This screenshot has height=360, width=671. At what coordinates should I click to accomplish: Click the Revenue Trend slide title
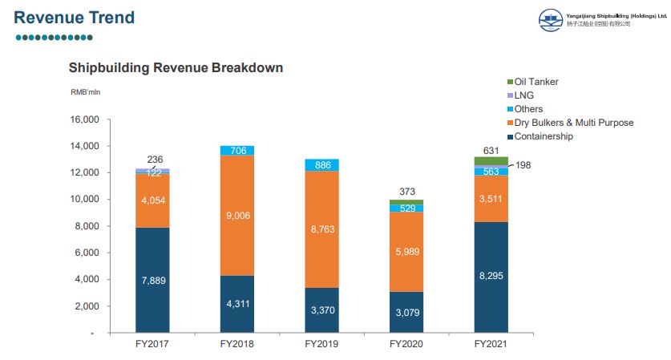[75, 18]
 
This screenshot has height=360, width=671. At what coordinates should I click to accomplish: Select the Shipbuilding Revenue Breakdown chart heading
[176, 67]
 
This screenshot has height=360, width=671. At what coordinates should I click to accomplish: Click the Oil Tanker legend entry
[536, 82]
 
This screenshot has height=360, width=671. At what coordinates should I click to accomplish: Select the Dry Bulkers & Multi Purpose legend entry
[573, 123]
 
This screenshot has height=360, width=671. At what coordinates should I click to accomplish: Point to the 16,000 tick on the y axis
[84, 119]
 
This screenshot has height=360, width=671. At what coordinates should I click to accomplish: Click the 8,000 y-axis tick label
[87, 226]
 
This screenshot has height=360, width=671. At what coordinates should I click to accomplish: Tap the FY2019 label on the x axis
[321, 345]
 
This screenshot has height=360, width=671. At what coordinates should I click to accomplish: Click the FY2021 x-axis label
[491, 345]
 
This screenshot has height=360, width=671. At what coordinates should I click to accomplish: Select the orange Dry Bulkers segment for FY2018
[237, 215]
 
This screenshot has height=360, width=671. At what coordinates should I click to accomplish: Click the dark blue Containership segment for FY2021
[491, 277]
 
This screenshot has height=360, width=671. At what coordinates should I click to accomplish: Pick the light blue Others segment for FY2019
[321, 164]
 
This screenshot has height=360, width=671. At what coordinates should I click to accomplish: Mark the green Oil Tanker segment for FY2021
[491, 160]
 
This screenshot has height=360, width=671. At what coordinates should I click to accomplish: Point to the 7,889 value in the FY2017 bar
[152, 280]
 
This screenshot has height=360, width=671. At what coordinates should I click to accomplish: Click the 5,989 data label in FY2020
[406, 252]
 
